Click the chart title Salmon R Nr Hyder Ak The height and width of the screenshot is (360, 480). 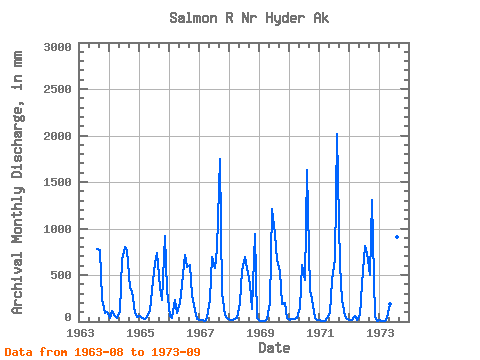point(249,18)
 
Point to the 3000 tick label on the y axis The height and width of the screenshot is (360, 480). point(57,47)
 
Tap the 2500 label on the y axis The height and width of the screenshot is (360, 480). point(57,89)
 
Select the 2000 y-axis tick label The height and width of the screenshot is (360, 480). point(57,136)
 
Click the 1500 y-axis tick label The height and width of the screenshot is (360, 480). point(57,182)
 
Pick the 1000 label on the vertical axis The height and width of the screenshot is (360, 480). point(57,229)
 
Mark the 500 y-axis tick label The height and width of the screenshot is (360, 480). point(61,275)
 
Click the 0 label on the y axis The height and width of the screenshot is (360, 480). point(68,317)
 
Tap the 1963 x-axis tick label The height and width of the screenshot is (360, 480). point(80,333)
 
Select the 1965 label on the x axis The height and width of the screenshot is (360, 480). point(140,333)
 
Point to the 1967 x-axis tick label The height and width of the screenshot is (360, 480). point(200,333)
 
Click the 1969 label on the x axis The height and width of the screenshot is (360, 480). point(260,333)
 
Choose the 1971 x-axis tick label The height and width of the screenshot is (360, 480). point(320,333)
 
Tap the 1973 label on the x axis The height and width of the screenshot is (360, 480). point(380,333)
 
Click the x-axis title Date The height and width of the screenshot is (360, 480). point(274,348)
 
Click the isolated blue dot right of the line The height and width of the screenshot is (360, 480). point(397,237)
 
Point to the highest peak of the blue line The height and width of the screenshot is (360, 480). point(337,134)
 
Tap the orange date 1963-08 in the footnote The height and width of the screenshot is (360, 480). point(99,352)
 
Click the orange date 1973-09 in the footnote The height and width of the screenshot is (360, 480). point(176,352)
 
